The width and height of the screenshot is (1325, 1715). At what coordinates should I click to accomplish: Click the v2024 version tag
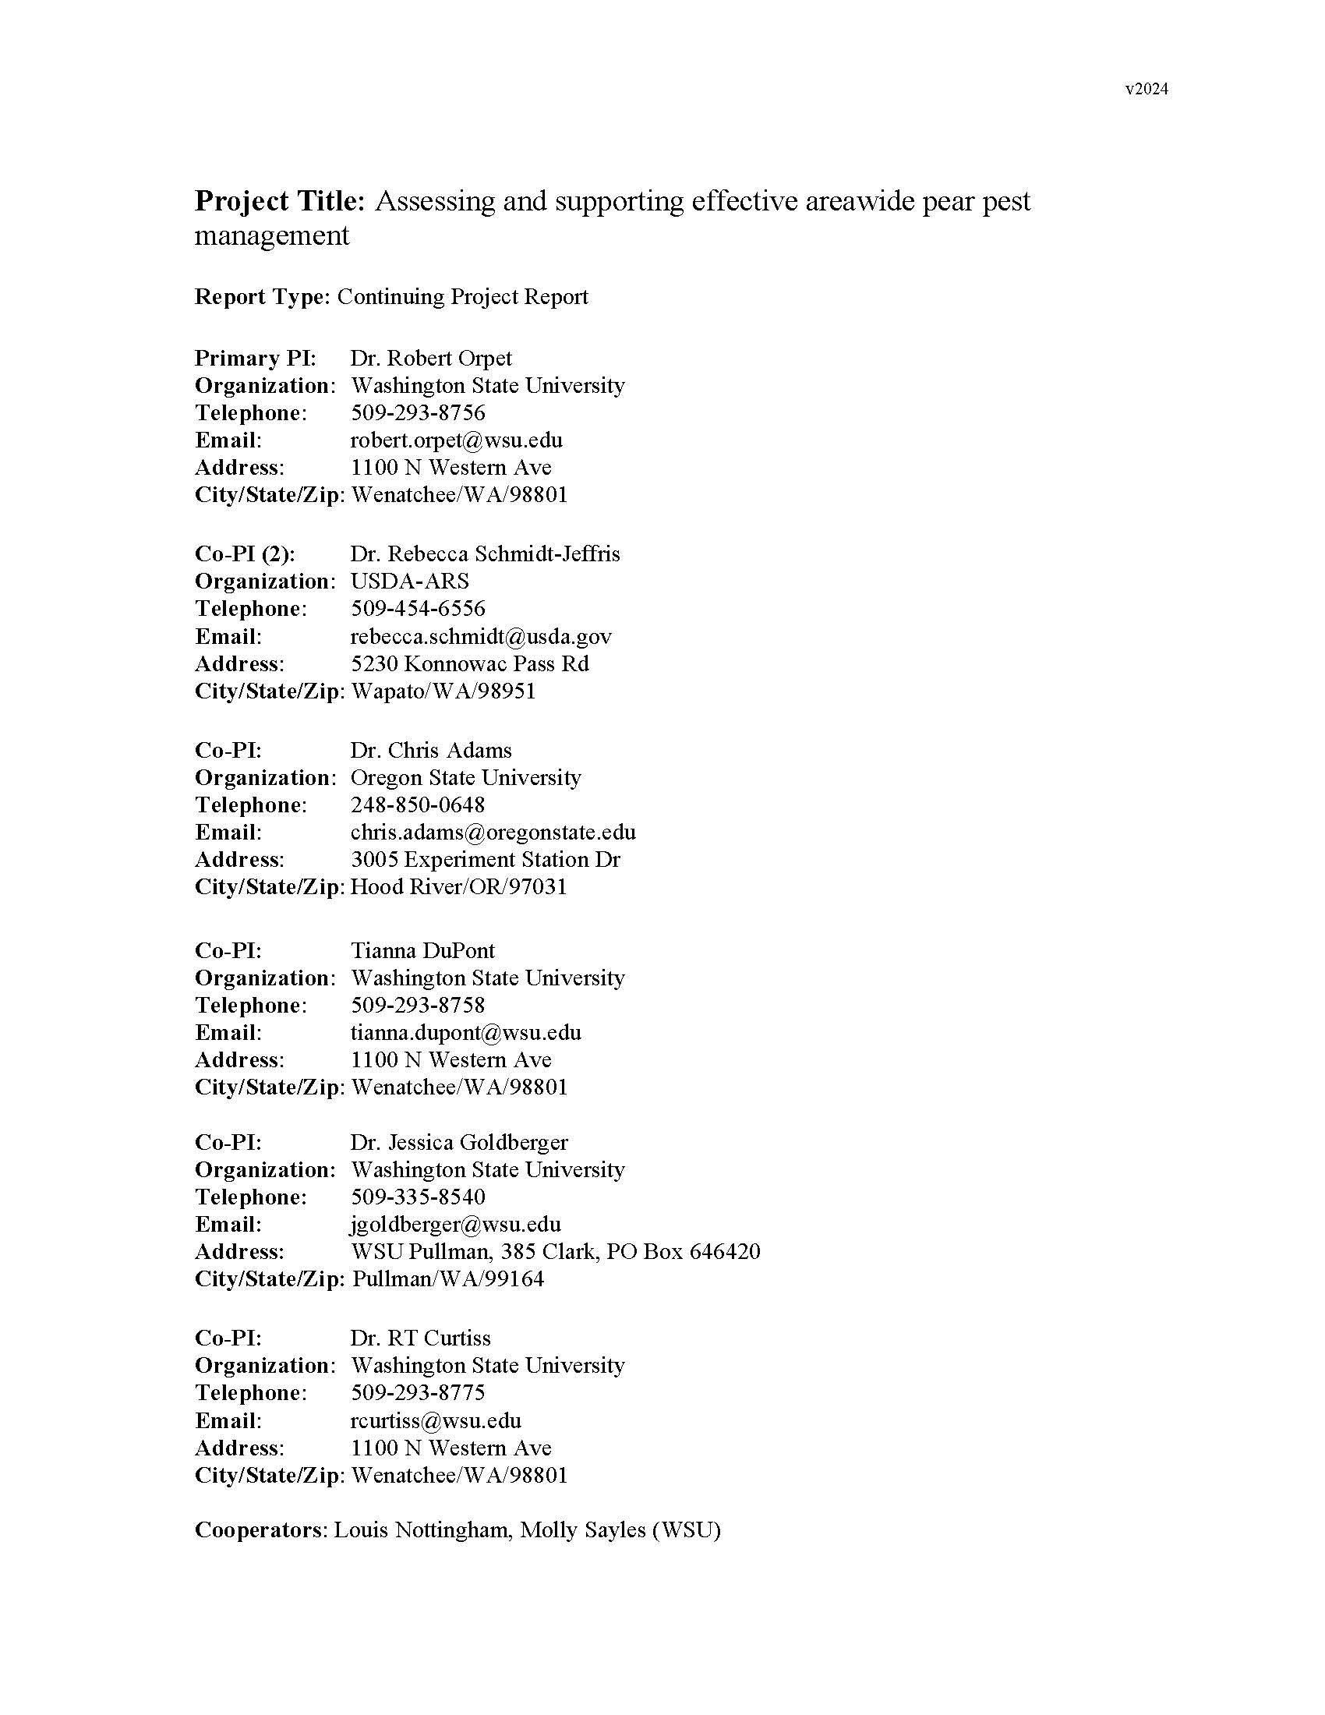tap(1146, 89)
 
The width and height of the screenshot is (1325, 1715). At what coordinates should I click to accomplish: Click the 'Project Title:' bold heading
tap(280, 201)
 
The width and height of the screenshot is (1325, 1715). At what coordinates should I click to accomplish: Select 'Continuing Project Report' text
tap(462, 297)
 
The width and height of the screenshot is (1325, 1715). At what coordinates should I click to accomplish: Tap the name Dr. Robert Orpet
tap(431, 358)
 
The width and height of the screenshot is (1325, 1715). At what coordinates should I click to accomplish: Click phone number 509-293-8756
tap(418, 412)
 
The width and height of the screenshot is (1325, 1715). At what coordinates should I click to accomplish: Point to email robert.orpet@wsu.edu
tap(456, 440)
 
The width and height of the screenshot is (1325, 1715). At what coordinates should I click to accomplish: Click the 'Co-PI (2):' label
tap(245, 553)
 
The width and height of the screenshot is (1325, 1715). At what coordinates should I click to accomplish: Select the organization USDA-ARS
tap(410, 581)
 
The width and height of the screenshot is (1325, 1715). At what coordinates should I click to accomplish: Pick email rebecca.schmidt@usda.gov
tap(480, 636)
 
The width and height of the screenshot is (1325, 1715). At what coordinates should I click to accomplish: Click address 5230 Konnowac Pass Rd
tap(469, 663)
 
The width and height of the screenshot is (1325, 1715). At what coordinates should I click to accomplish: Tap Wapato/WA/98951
tap(443, 691)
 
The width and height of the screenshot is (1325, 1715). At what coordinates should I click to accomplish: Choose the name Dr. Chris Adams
tap(431, 750)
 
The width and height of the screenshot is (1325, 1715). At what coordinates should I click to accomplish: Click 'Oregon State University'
tap(465, 777)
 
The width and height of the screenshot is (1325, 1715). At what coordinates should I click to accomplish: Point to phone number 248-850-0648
tap(418, 805)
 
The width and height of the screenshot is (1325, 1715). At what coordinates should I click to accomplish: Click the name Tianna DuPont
tap(422, 950)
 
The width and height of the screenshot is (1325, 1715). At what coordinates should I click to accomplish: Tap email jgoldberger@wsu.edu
tap(455, 1224)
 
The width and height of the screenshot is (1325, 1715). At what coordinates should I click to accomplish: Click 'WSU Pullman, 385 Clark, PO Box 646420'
tap(555, 1252)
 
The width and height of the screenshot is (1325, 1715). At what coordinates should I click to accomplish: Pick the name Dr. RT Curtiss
tap(420, 1338)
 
